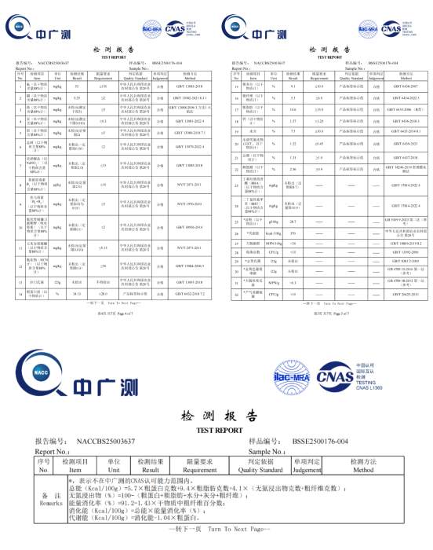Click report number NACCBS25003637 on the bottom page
point(106,442)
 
